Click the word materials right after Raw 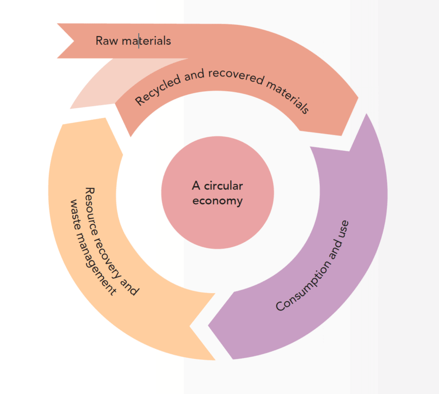[x=147, y=41]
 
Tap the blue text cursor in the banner [x=139, y=41]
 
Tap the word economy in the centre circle [x=217, y=200]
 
